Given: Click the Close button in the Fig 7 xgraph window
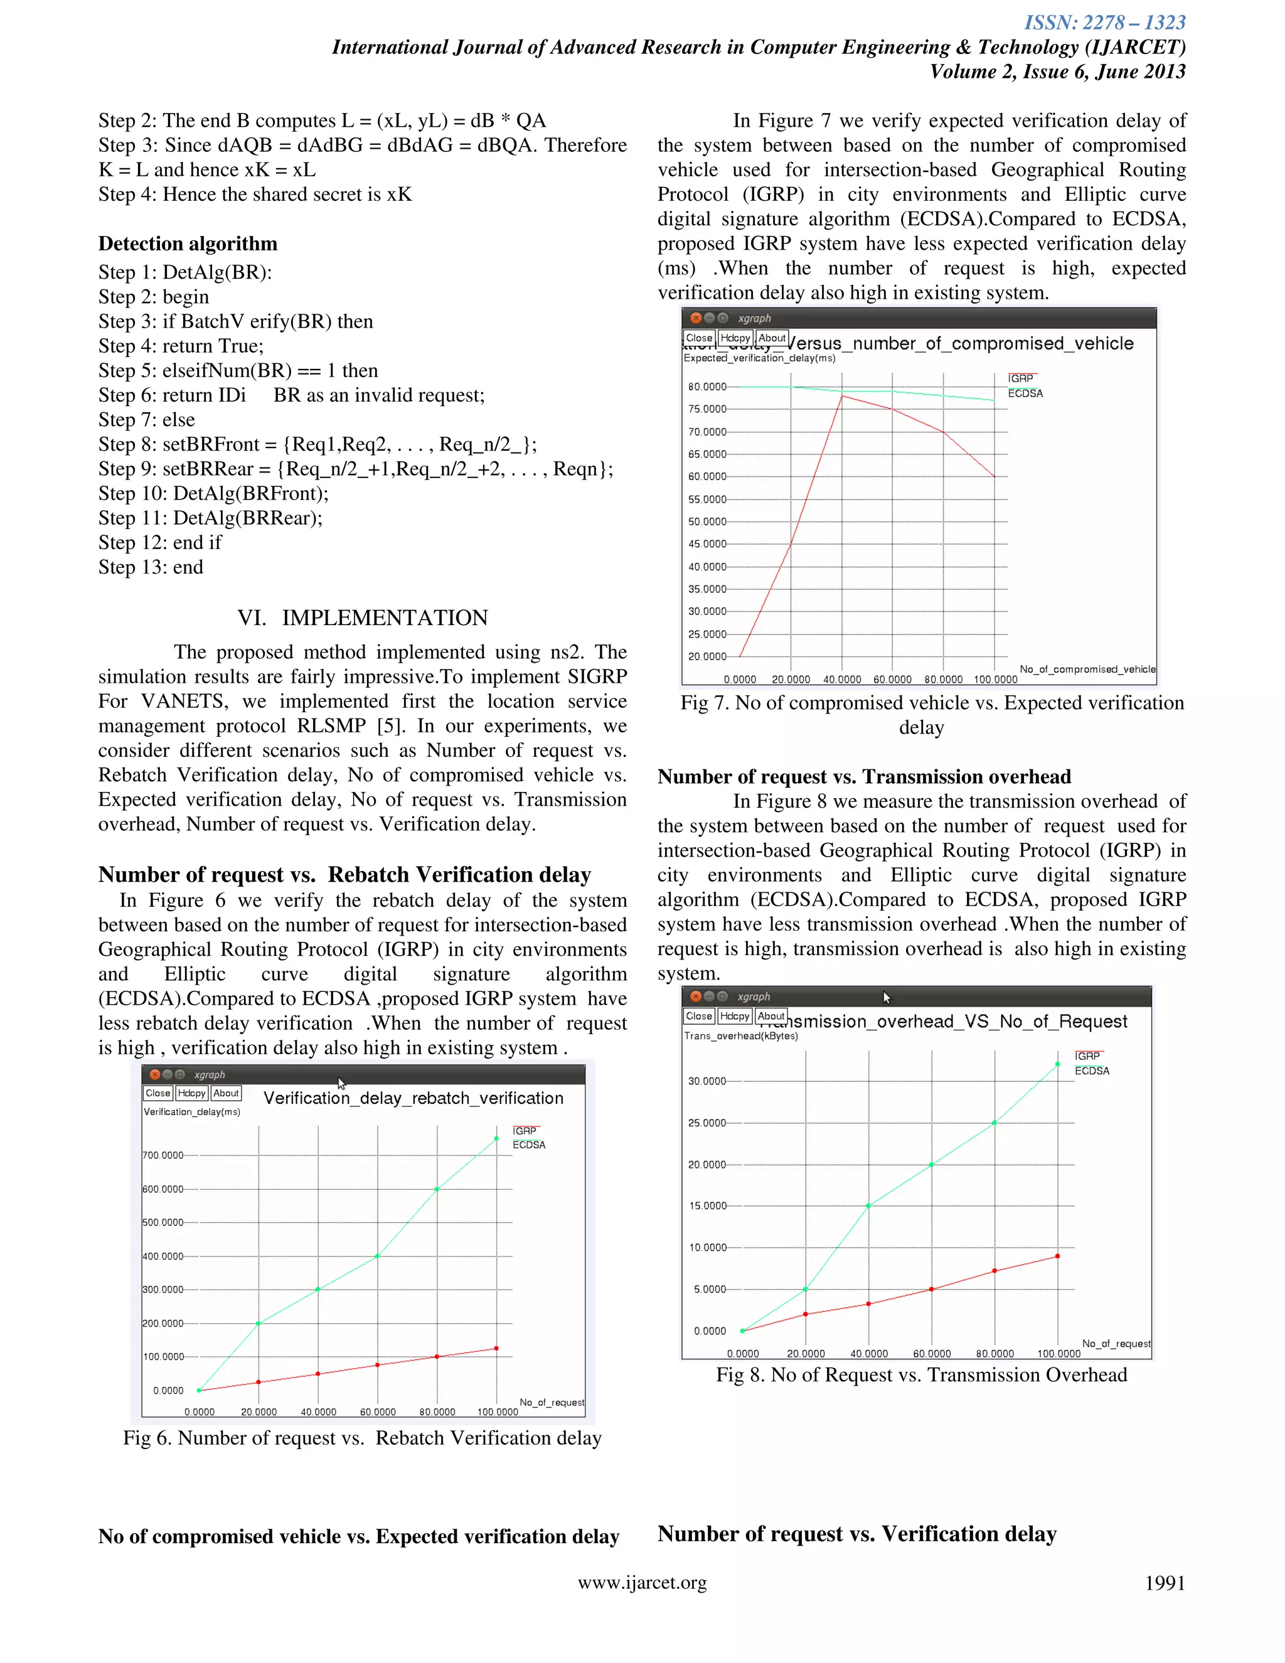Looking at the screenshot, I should [698, 338].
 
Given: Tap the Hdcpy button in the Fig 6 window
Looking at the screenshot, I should [191, 1093].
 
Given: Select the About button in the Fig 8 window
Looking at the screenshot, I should [771, 1016].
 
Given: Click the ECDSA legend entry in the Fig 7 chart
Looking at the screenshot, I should [1025, 393].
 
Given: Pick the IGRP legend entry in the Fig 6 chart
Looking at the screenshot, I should [525, 1131].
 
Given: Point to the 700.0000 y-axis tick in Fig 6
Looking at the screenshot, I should [163, 1155].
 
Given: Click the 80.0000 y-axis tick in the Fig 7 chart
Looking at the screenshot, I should [707, 387].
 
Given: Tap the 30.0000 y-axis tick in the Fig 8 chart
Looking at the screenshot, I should [707, 1081].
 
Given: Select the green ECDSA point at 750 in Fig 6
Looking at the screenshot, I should [496, 1138].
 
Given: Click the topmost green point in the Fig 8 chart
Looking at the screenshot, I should [1057, 1064].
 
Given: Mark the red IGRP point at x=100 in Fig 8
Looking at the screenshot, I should [1057, 1256].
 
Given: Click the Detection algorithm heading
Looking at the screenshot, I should [187, 243].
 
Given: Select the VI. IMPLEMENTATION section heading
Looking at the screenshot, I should [363, 618].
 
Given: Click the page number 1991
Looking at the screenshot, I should [1165, 1583].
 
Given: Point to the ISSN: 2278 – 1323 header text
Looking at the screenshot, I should [1104, 23].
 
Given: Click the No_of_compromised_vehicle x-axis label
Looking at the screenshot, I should [1087, 670].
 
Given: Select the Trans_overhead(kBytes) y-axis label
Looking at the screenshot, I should [741, 1035].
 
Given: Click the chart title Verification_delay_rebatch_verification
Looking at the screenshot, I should [413, 1098].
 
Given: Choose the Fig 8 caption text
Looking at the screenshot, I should [921, 1374].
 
